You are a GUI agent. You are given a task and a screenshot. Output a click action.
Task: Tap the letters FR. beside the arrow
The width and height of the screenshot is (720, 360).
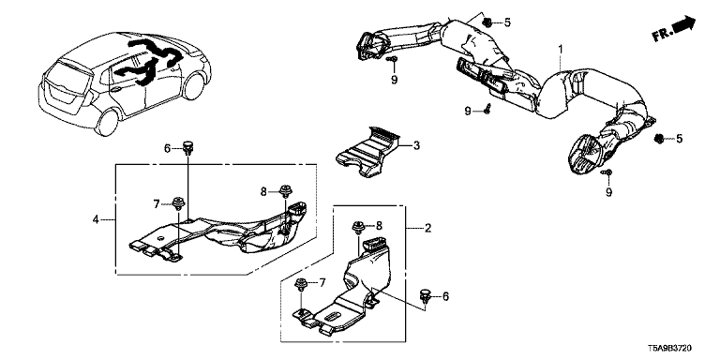click(662, 35)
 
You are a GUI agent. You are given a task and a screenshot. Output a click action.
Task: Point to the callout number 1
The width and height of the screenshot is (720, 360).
click(561, 47)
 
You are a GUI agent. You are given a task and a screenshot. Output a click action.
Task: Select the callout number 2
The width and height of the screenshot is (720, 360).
click(427, 228)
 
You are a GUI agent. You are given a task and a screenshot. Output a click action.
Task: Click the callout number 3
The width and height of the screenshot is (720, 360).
click(416, 146)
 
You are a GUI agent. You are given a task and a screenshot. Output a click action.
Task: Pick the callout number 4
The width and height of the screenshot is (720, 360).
click(96, 219)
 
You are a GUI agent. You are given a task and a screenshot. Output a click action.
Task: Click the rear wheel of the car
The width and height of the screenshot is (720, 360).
click(107, 122)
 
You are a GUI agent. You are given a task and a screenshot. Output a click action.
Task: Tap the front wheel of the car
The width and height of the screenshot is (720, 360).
click(194, 85)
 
